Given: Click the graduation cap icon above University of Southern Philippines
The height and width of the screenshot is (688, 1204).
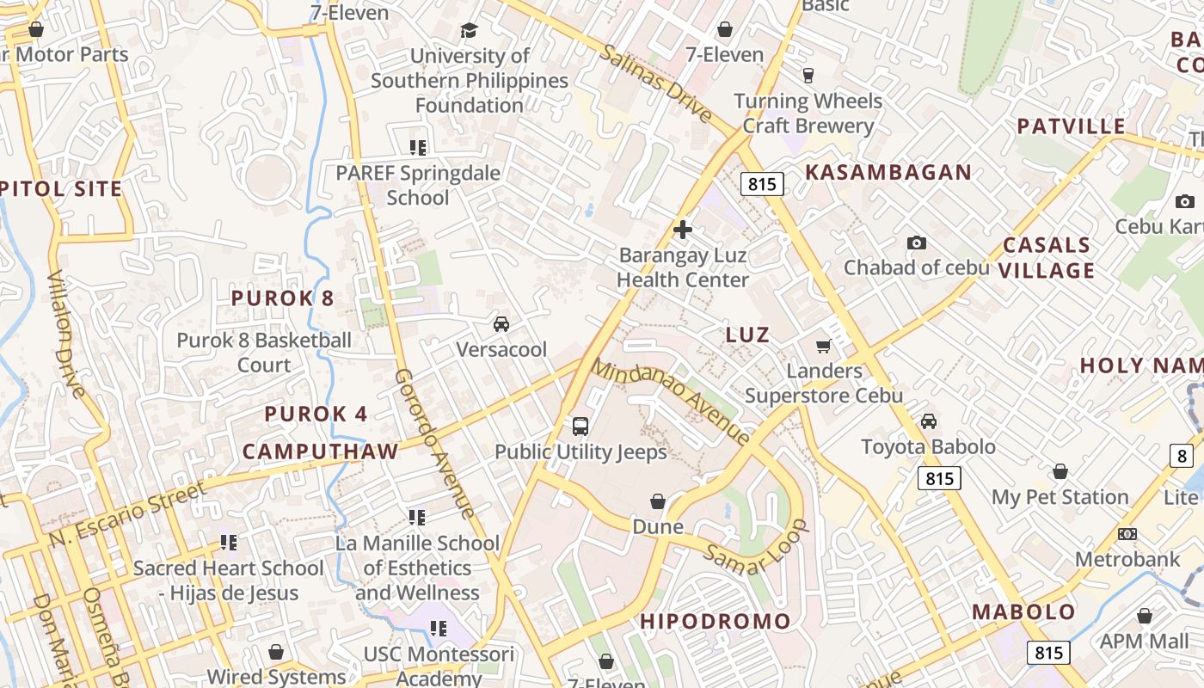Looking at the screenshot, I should [x=468, y=31].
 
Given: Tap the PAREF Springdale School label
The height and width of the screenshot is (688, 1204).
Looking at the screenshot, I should [x=418, y=185].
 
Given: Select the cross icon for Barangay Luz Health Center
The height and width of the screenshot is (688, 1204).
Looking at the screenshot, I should [x=683, y=230].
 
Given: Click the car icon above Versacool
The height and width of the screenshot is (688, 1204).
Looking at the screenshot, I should [x=501, y=324].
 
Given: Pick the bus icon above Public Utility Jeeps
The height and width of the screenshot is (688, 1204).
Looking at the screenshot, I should [x=580, y=426].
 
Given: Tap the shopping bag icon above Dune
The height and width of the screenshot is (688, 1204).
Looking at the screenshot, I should [x=658, y=501].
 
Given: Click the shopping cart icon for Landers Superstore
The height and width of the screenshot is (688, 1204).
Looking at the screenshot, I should [x=823, y=346].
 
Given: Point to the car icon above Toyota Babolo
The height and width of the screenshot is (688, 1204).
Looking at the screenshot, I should [x=929, y=421].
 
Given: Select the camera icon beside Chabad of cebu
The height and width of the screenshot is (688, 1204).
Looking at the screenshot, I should [x=917, y=243].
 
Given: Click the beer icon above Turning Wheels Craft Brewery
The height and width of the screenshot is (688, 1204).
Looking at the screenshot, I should [x=808, y=76].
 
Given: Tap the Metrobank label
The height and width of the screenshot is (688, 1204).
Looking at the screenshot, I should [x=1127, y=560].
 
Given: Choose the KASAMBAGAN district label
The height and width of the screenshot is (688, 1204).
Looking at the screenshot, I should [x=888, y=172].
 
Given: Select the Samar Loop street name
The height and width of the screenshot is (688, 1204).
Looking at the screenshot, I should [x=757, y=547].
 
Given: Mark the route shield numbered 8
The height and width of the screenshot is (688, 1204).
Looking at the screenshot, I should [x=1182, y=456].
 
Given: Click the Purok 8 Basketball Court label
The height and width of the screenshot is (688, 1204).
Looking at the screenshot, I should [x=264, y=353].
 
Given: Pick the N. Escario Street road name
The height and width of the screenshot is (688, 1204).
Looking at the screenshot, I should [x=127, y=514].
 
